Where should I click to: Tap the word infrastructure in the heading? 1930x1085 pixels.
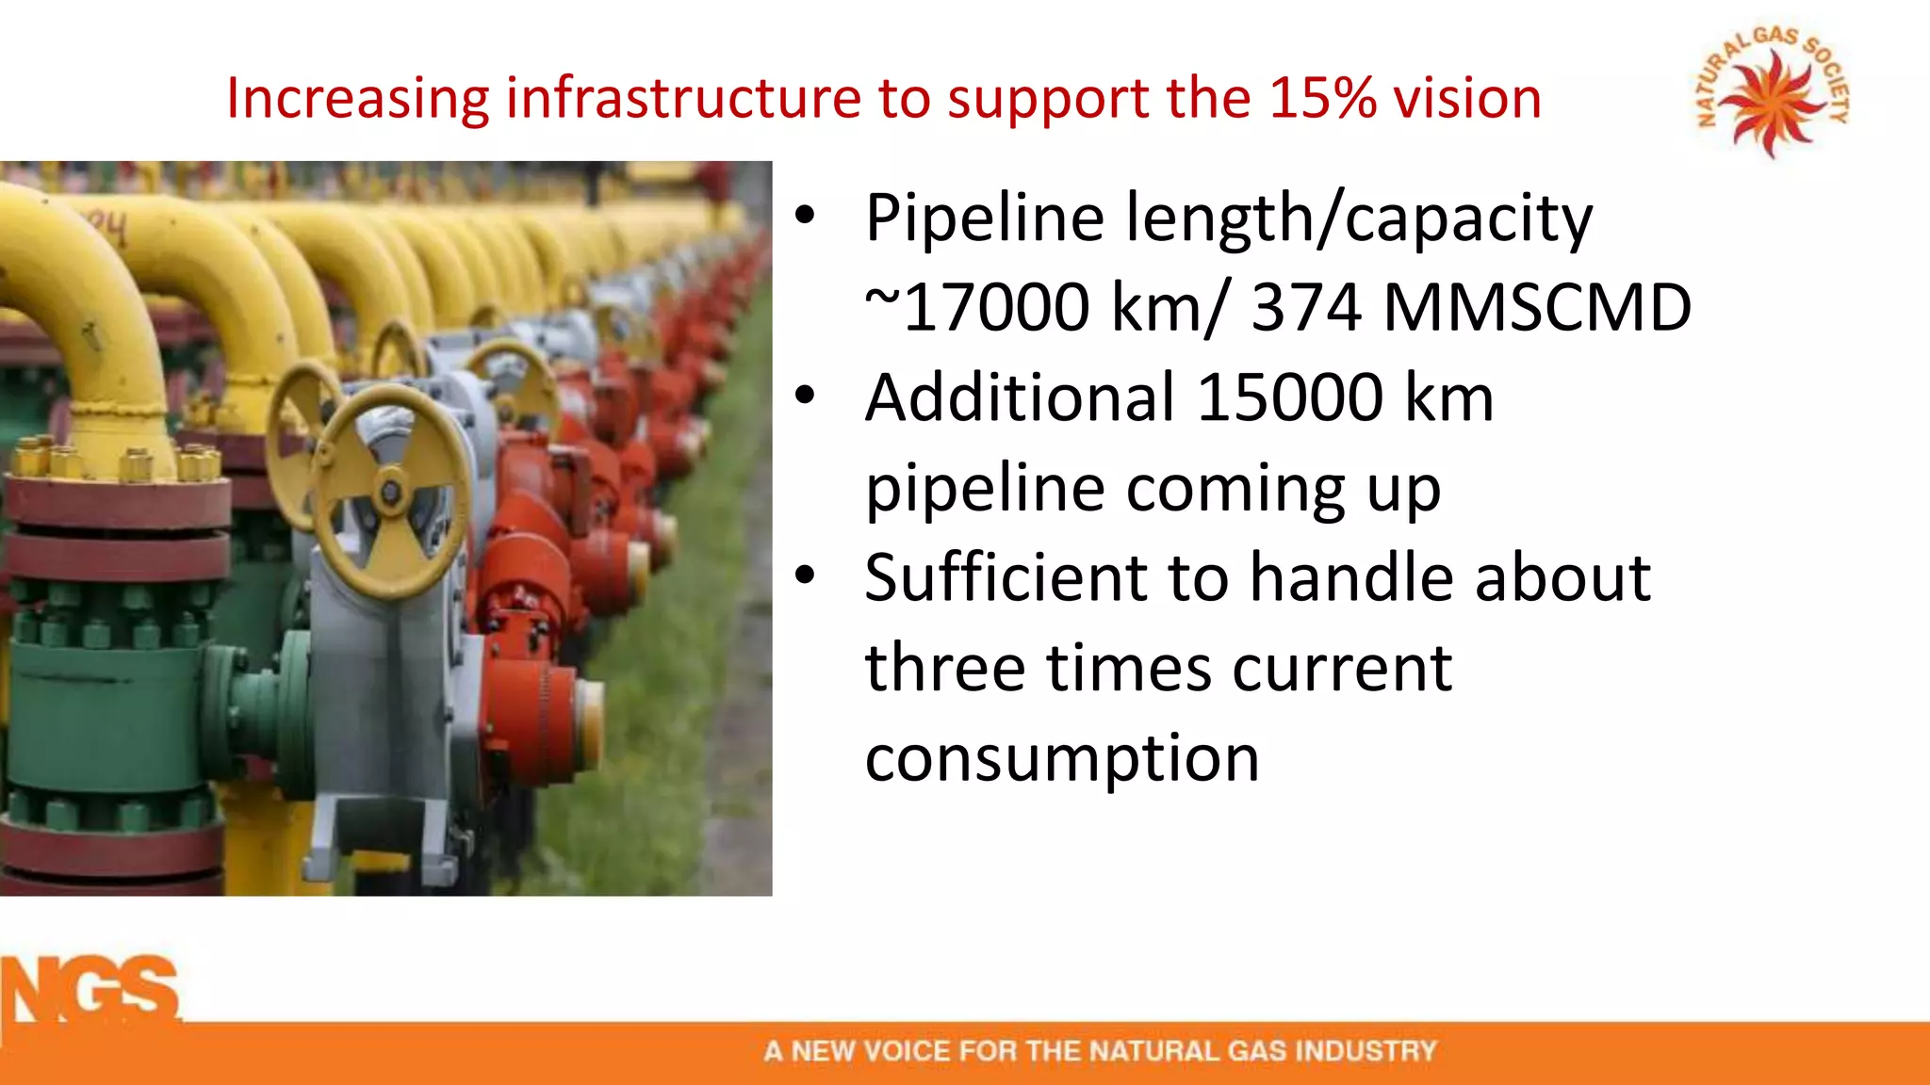pyautogui.click(x=685, y=98)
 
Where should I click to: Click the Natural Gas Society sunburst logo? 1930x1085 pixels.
pyautogui.click(x=1773, y=94)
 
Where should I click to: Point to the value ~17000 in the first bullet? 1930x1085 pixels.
pyautogui.click(x=977, y=307)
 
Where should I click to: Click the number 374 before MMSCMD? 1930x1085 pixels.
pyautogui.click(x=1305, y=307)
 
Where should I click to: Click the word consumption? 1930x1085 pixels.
pyautogui.click(x=1062, y=759)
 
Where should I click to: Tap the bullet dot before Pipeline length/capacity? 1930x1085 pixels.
pyautogui.click(x=804, y=216)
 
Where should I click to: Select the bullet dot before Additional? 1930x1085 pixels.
pyautogui.click(x=804, y=396)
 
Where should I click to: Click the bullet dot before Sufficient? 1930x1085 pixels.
pyautogui.click(x=804, y=575)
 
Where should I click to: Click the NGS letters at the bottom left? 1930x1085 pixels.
pyautogui.click(x=91, y=992)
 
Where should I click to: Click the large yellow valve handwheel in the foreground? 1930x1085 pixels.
pyautogui.click(x=389, y=493)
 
